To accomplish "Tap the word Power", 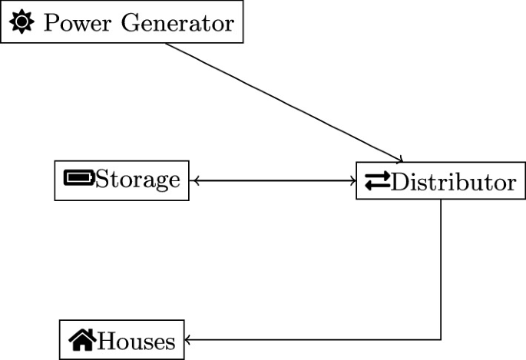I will (71, 22).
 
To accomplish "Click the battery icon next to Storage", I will (79, 180).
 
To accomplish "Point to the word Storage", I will (138, 180).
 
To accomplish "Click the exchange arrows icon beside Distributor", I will (376, 181).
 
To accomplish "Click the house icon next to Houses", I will (82, 339).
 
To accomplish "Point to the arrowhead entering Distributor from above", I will (399, 160).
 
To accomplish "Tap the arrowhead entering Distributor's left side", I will (352, 181).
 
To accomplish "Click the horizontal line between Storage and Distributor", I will (273, 181).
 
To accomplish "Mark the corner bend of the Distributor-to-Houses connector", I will (441, 339).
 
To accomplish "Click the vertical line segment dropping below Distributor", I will (441, 269).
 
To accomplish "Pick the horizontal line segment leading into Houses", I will (315, 339).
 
